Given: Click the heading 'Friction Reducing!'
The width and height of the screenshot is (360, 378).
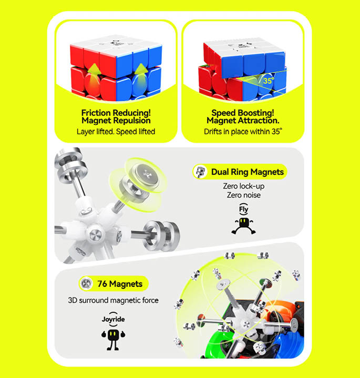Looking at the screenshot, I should coord(116,112).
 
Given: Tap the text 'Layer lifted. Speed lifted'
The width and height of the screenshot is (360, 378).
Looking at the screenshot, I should coord(116,132).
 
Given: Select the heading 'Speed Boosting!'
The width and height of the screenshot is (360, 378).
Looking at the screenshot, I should coord(242,112).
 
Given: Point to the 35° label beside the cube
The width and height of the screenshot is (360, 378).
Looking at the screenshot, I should coord(268,81).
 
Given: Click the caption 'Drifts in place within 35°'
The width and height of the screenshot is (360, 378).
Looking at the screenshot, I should coord(243,132).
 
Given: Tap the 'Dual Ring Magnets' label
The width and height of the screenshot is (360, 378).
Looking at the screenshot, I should coord(247,172).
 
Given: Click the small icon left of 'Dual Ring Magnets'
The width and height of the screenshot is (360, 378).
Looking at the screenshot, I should coord(200,172).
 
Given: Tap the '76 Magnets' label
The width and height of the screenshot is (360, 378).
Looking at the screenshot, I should coord(119,284).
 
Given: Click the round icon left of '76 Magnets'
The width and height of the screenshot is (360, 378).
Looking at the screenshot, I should coord(87,284).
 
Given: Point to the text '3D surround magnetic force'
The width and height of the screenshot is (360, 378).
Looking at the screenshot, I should coord(113,301).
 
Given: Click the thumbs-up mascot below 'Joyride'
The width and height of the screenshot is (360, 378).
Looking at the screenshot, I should coord(112,337).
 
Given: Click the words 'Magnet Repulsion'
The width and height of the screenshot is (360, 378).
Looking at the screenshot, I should coord(116,121).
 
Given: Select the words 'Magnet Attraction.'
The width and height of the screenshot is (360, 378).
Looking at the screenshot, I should coord(242,121).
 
